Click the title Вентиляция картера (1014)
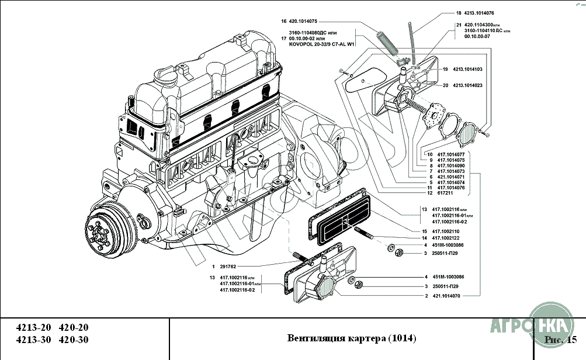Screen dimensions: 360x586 [x=352, y=338]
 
